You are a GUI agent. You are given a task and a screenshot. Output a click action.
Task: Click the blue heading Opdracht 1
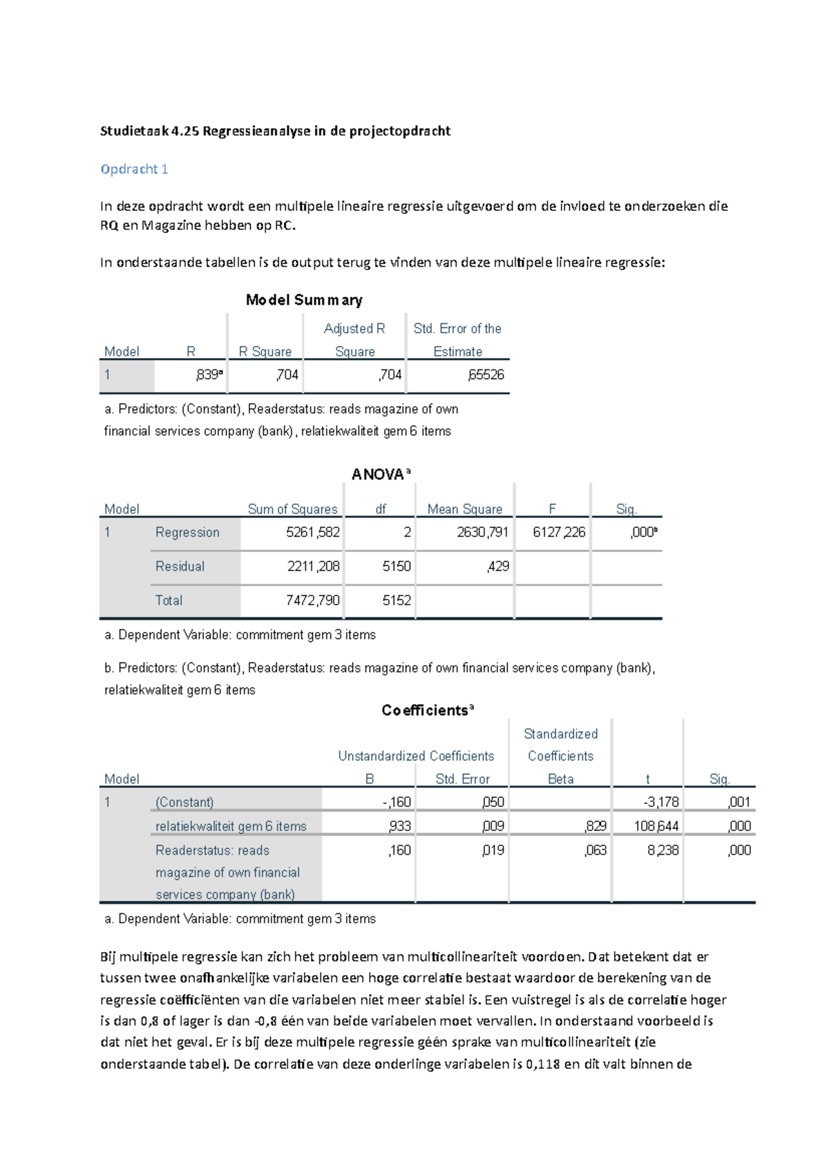134,169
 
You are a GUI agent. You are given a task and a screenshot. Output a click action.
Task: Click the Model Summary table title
304,300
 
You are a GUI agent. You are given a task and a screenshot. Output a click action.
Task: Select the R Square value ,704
287,374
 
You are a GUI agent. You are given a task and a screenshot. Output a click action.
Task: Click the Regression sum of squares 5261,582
312,532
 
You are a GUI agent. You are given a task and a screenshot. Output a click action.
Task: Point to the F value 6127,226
558,532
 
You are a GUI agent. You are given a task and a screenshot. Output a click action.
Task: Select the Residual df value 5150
397,566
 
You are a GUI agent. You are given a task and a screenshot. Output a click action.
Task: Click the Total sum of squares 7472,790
312,600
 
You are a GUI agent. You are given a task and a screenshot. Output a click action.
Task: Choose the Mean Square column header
464,509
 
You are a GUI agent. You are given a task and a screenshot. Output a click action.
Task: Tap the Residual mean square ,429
497,566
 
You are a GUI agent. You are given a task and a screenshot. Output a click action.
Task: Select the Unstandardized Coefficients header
416,756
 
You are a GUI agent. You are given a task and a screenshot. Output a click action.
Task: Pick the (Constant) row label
184,802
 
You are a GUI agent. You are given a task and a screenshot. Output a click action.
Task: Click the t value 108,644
656,826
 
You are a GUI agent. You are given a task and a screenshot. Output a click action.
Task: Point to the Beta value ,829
595,826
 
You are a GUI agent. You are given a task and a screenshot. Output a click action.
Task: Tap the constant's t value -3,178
661,802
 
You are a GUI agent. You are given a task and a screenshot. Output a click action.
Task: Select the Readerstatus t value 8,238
663,850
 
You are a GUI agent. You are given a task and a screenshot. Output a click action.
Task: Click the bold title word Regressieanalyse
256,131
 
